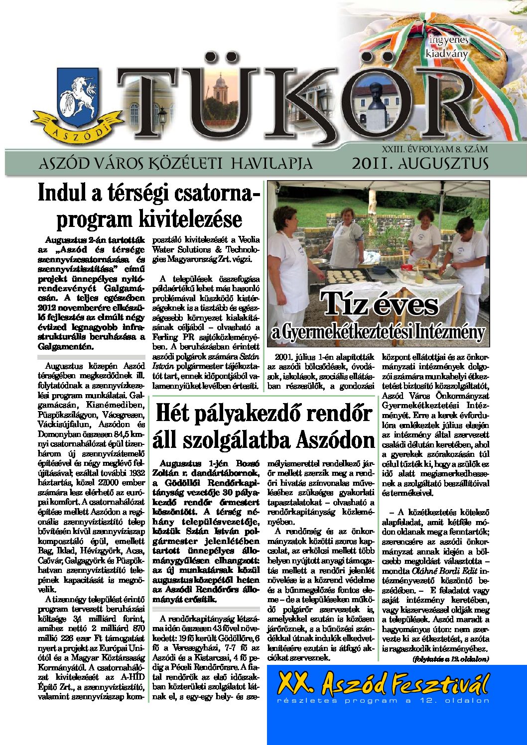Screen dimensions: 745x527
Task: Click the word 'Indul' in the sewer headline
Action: tap(59, 194)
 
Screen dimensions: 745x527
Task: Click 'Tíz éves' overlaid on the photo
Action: tap(380, 305)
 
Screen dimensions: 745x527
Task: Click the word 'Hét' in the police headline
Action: tap(173, 414)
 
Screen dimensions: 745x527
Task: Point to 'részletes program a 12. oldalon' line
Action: tap(383, 701)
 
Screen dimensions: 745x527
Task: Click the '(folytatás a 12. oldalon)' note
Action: tap(450, 659)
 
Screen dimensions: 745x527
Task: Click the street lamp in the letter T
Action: tap(162, 117)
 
